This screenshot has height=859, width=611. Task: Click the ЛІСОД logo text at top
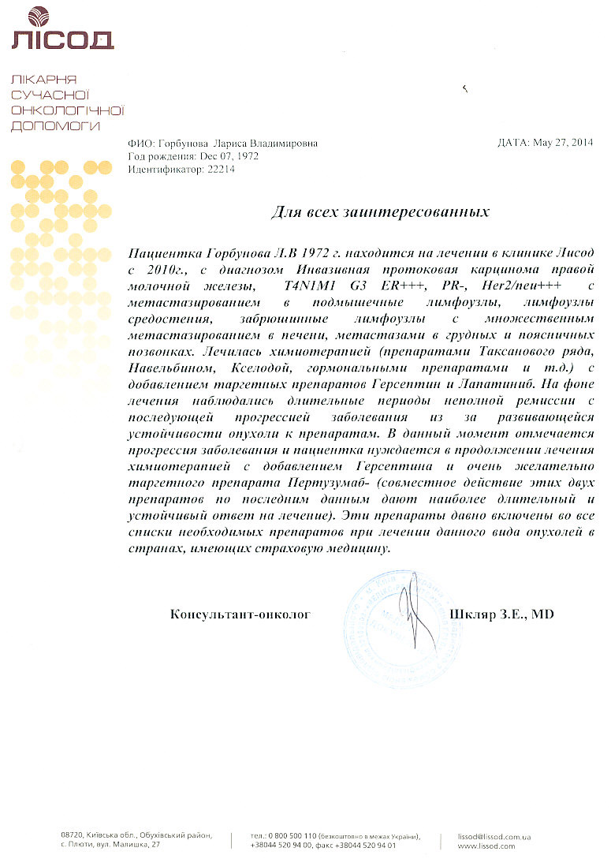[62, 39]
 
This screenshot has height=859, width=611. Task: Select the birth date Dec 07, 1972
[229, 156]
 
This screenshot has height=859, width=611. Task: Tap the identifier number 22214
[222, 169]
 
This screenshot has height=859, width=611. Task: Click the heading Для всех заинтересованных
[380, 211]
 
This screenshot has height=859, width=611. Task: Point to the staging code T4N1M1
[310, 285]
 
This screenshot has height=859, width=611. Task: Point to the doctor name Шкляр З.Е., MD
[501, 613]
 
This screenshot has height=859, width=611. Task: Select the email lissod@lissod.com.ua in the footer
[494, 835]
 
